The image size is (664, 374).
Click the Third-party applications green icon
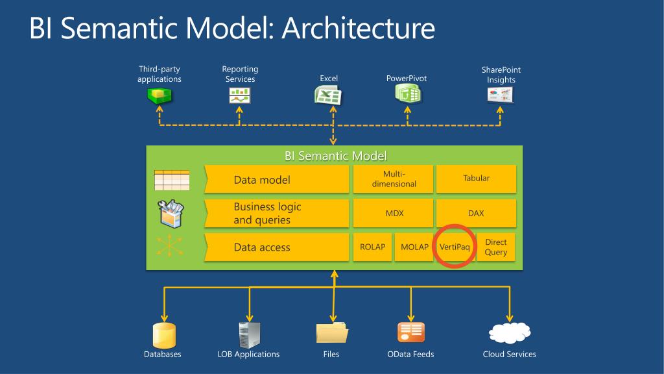(x=160, y=96)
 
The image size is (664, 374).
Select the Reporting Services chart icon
(x=240, y=96)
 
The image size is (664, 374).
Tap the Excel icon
(x=328, y=96)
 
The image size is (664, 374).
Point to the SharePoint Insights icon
(x=501, y=95)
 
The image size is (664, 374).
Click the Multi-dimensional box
(x=394, y=179)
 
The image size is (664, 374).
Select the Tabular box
(x=476, y=179)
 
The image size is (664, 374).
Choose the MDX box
(x=394, y=213)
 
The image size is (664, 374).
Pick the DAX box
(x=476, y=213)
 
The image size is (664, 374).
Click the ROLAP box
(x=373, y=247)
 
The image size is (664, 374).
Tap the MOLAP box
(x=414, y=247)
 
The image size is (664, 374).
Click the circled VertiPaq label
(x=454, y=247)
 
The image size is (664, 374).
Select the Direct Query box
(x=496, y=247)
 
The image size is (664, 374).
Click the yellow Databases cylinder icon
(x=164, y=334)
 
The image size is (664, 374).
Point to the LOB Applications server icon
(x=249, y=334)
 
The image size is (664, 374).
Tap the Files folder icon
(x=332, y=333)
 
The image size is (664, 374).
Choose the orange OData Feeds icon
(x=410, y=332)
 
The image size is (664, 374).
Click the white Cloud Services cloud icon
(x=510, y=332)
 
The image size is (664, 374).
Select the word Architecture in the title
(x=358, y=29)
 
